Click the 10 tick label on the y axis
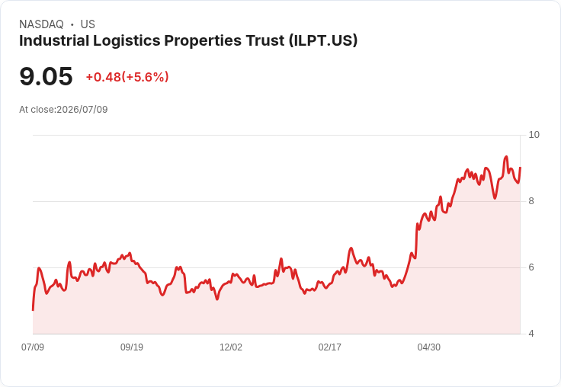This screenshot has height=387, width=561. pyautogui.click(x=534, y=135)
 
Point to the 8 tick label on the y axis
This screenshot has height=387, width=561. pyautogui.click(x=531, y=201)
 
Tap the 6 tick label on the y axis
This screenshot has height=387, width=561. pyautogui.click(x=531, y=267)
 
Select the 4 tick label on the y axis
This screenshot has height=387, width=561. pyautogui.click(x=531, y=334)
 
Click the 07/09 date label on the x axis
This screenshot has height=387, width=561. pyautogui.click(x=33, y=347)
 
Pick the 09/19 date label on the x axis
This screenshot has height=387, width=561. pyautogui.click(x=132, y=347)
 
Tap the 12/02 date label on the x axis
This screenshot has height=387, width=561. pyautogui.click(x=231, y=347)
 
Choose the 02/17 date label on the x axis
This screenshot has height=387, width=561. pyautogui.click(x=329, y=347)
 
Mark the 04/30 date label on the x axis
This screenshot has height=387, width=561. pyautogui.click(x=428, y=347)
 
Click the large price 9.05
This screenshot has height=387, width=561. pyautogui.click(x=46, y=76)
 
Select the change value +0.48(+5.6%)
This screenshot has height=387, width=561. pyautogui.click(x=127, y=77)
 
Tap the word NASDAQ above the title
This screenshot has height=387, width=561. pyautogui.click(x=41, y=24)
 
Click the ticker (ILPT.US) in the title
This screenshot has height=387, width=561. pyautogui.click(x=323, y=41)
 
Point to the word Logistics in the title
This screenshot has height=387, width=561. pyautogui.click(x=127, y=41)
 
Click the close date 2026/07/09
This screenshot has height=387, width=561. pyautogui.click(x=82, y=110)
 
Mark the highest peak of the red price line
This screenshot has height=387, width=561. pyautogui.click(x=506, y=157)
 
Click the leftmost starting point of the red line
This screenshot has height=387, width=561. pyautogui.click(x=33, y=310)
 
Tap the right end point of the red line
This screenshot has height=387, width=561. pyautogui.click(x=520, y=168)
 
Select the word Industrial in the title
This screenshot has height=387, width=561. pyautogui.click(x=54, y=41)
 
